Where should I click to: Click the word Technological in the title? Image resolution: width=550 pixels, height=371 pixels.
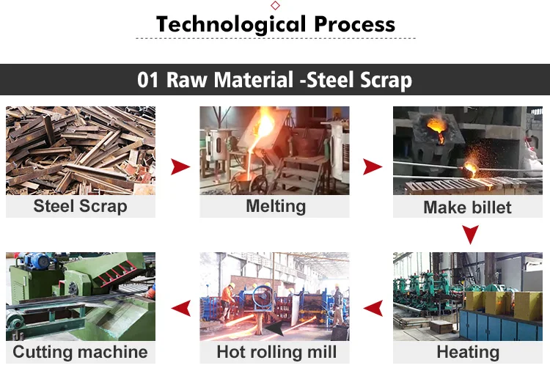coord(232,24)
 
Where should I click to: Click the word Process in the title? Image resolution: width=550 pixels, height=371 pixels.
coord(355,24)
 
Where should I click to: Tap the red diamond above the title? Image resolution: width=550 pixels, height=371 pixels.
coord(275,5)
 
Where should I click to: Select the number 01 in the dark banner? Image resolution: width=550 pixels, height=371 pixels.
coord(147,80)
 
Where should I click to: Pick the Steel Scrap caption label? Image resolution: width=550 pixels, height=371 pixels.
coord(81,206)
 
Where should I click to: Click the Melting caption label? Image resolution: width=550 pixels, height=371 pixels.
coord(276,206)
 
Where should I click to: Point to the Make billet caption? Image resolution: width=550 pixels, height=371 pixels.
coord(467,207)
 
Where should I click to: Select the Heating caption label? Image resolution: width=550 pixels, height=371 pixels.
coord(468,352)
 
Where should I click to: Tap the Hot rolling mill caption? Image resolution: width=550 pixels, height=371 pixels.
coord(276,352)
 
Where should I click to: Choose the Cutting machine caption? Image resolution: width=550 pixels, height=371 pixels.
coord(81,352)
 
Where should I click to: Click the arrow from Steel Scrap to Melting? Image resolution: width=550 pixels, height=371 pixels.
coord(180,166)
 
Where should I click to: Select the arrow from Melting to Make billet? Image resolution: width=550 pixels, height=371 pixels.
coord(373,166)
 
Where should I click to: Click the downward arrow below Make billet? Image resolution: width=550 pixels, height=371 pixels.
coord(470,235)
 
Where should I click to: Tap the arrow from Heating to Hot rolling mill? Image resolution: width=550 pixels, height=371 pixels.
coord(373,309)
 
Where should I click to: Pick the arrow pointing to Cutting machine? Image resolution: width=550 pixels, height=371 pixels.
coord(181,309)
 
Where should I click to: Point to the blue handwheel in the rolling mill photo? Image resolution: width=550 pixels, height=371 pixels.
coord(263,298)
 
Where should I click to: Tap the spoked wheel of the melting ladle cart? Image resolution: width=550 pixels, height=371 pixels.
coord(259,185)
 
